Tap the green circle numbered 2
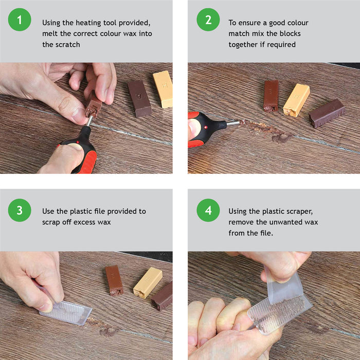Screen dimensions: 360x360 (208, 21)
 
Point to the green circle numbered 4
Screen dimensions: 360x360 (208, 210)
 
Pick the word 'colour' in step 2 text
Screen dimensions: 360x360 (297, 23)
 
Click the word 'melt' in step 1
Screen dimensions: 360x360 (50, 34)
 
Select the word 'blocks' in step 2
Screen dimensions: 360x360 (290, 34)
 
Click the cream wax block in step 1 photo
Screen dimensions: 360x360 (163, 88)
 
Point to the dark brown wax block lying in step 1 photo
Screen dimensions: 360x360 (139, 98)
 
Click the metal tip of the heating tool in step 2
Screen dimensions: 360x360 (233, 123)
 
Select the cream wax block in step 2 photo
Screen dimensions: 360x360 (296, 100)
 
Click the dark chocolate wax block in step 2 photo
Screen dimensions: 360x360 (327, 113)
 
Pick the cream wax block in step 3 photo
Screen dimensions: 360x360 (148, 282)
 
